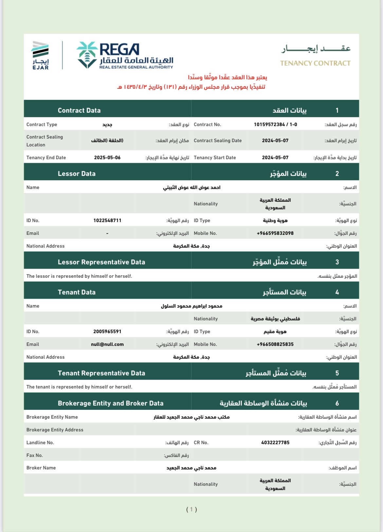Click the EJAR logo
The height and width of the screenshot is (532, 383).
coord(41,55)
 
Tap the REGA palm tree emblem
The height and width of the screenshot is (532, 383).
coord(87,55)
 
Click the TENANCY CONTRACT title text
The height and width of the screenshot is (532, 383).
coord(315,63)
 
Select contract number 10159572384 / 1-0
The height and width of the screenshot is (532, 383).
coord(275,124)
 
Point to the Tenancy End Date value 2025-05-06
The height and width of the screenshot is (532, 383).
coord(107,158)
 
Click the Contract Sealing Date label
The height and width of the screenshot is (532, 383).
coord(218,141)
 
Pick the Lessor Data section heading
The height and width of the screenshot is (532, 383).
coord(77,174)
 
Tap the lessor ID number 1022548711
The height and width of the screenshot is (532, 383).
coord(107,220)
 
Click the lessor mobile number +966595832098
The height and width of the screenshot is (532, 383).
coord(275,233)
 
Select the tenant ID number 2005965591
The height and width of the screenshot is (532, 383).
coord(107,332)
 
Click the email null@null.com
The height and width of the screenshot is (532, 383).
coord(107,344)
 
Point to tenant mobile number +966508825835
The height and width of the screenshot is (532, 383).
coord(275,344)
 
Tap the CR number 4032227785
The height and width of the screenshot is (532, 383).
coord(275,443)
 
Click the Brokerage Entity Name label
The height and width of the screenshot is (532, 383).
coord(52,417)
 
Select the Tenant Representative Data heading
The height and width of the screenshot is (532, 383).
coord(101,373)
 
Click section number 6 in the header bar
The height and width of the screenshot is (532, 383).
coord(337,403)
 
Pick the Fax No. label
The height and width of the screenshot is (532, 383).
coord(35,455)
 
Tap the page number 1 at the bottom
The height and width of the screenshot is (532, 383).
coord(191,509)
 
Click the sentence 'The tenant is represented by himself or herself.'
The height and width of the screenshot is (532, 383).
coord(79,387)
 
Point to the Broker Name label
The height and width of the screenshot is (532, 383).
coord(41,468)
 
